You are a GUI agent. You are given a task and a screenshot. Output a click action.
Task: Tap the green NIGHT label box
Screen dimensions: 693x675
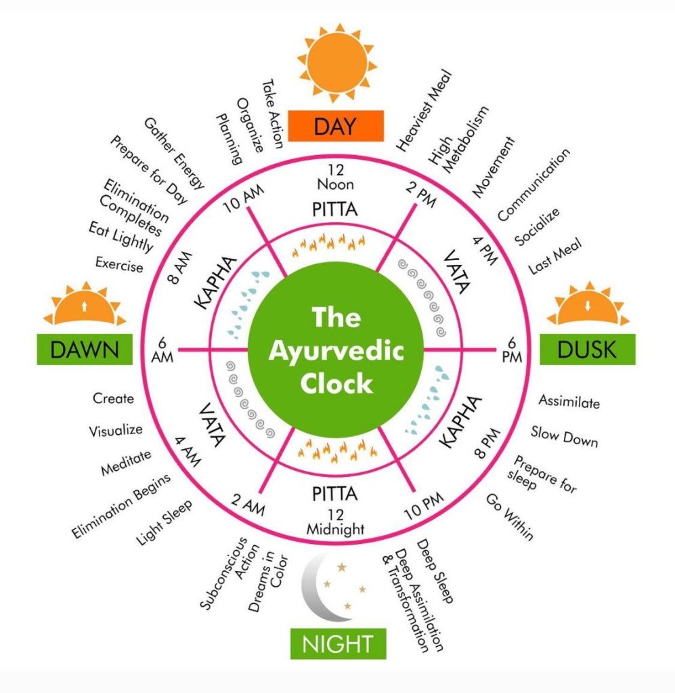coord(338,643)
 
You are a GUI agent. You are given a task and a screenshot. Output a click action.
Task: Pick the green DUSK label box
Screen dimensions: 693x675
coord(587,350)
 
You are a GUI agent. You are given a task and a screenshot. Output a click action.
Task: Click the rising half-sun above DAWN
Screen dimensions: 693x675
coord(84,308)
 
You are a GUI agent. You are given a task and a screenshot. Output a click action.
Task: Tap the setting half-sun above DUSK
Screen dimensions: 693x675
coord(588,308)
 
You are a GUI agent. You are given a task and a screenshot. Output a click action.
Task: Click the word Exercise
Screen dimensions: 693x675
coord(119,264)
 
